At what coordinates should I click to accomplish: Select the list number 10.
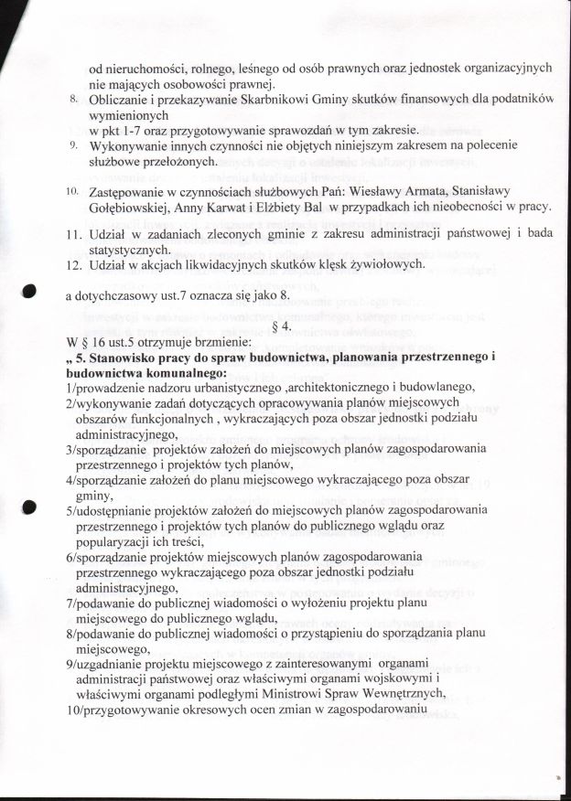[71, 193]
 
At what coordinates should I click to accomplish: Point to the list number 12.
[76, 264]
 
